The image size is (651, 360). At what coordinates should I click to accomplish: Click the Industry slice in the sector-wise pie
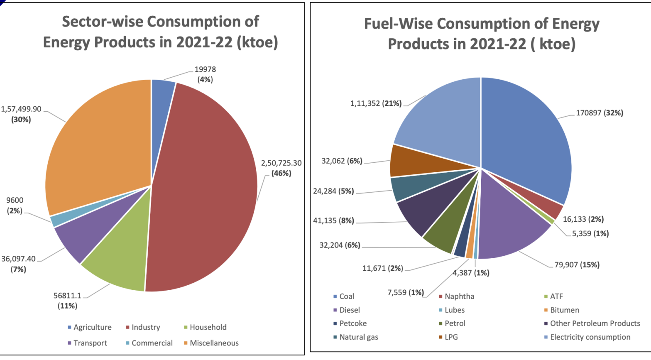tap(203, 187)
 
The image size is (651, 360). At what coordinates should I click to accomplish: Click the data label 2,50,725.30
tap(281, 163)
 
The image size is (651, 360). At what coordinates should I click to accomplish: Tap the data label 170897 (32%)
tap(599, 113)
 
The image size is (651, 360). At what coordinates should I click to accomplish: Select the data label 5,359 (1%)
tap(590, 234)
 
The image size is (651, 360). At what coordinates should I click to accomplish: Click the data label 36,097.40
tap(18, 259)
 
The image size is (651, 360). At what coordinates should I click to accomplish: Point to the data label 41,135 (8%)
tap(333, 220)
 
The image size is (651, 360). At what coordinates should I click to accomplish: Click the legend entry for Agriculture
tap(92, 327)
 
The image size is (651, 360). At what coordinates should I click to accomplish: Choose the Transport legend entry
tap(90, 343)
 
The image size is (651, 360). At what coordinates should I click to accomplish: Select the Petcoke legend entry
tap(353, 323)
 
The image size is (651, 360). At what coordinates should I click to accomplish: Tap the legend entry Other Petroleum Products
tap(595, 323)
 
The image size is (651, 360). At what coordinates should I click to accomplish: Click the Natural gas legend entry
tap(358, 337)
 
